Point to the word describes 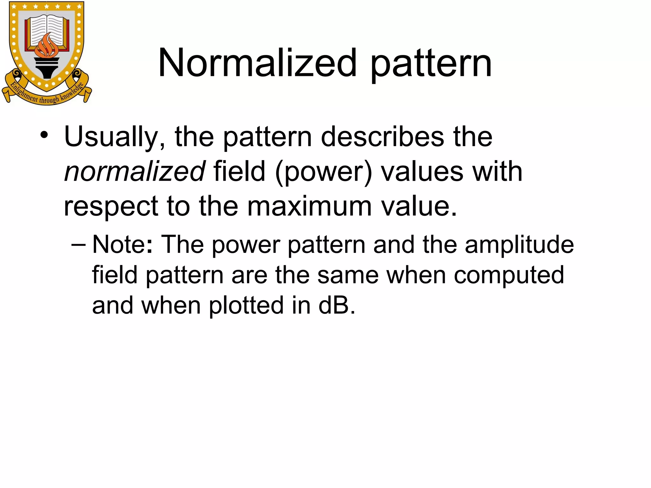382,137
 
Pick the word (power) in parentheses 323,172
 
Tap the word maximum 309,207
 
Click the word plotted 246,305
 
